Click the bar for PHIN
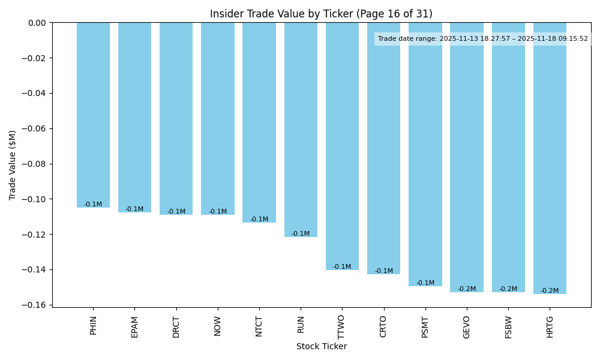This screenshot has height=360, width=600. (93, 115)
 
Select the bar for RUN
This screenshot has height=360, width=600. (301, 130)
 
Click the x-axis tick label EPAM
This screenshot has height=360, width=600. (135, 326)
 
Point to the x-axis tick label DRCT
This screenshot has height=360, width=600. (176, 326)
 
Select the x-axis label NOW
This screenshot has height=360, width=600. (218, 326)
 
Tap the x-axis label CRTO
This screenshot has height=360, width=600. (383, 326)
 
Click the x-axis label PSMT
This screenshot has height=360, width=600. (425, 326)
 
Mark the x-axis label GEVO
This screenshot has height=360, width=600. (467, 326)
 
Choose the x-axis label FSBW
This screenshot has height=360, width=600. (508, 326)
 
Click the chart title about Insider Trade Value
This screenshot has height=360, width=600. (321, 14)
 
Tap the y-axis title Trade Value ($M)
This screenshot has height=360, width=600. (13, 164)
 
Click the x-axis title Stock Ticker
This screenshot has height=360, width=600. (321, 346)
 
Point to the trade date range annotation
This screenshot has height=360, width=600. (482, 39)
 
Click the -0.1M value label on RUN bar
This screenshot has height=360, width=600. (301, 234)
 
